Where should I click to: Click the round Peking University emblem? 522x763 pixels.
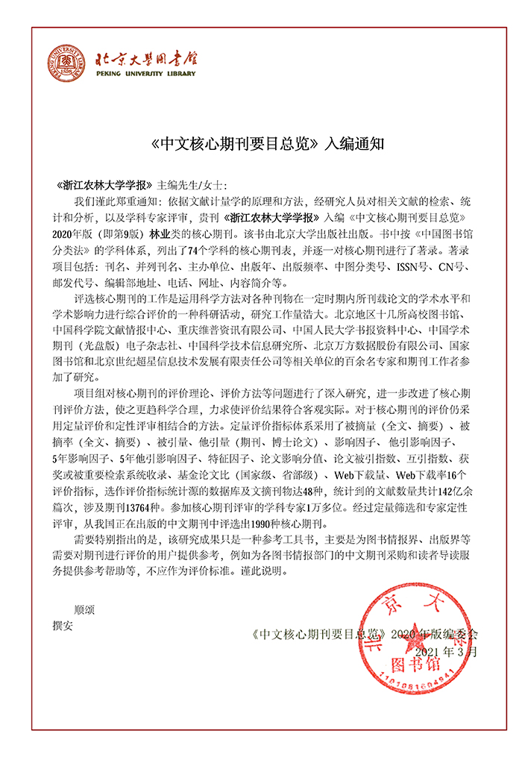point(67,64)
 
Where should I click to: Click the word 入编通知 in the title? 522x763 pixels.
point(355,143)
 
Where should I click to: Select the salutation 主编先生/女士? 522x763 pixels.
point(191,185)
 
